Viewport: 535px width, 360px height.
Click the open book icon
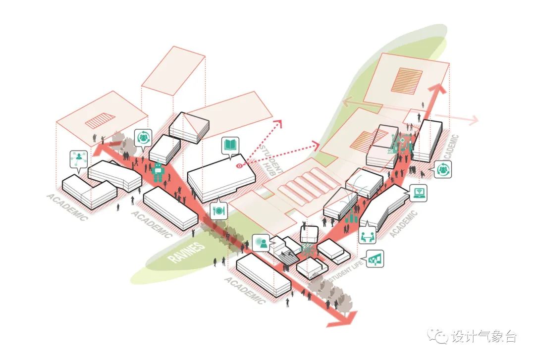230,146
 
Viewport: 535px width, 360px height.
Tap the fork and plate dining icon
218,210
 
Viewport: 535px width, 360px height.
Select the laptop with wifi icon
418,193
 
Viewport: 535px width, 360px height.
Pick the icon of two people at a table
368,235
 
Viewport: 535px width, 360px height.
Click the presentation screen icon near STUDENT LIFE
375,258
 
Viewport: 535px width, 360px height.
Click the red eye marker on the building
239,166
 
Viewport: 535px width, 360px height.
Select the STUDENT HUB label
271,159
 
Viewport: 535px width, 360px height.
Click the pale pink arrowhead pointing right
473,120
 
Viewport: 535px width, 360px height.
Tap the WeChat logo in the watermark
438,336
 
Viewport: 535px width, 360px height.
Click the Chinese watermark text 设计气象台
484,336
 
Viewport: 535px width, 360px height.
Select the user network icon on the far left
79,159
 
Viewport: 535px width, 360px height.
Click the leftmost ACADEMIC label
67,207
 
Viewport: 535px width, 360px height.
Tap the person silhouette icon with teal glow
261,243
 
